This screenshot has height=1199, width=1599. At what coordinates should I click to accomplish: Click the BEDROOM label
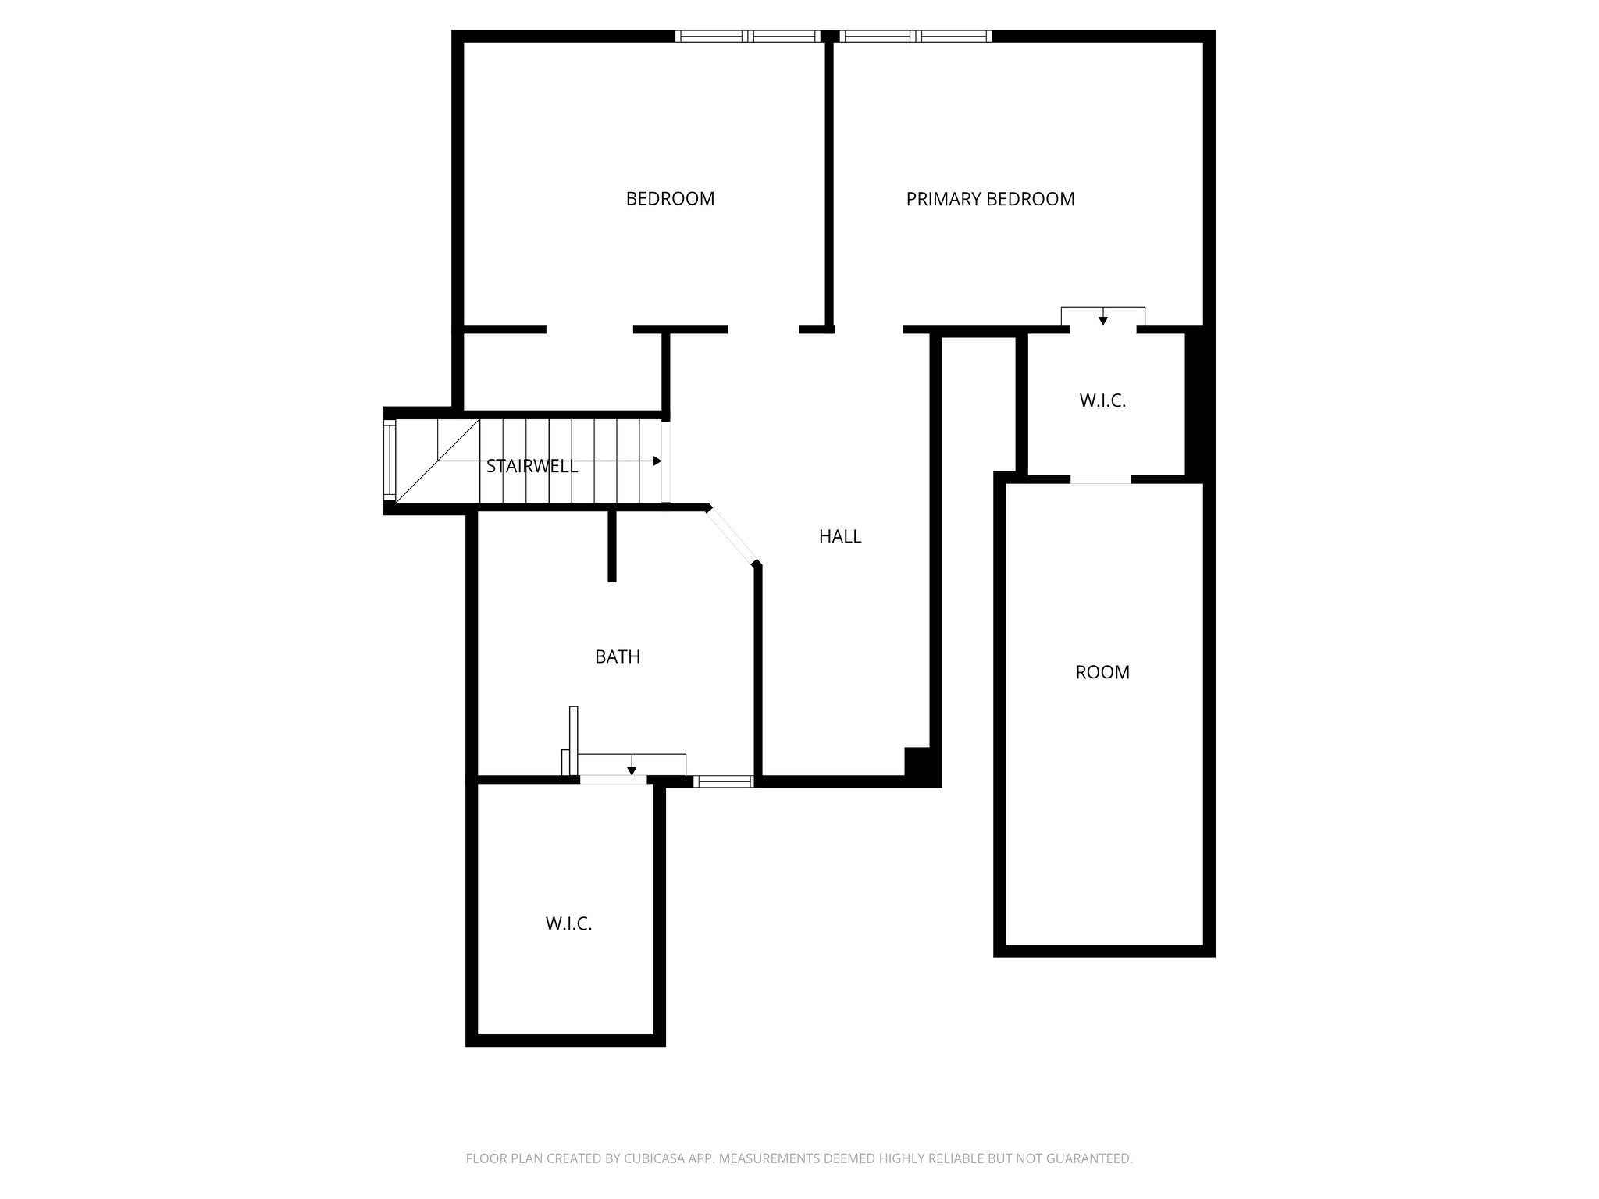click(x=670, y=199)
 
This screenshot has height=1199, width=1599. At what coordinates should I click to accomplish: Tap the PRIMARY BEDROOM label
click(x=990, y=200)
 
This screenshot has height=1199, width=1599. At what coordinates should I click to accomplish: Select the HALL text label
click(x=840, y=536)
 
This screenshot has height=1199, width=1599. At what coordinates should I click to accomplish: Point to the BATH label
click(x=618, y=657)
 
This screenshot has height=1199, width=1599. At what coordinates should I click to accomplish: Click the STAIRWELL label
click(x=532, y=467)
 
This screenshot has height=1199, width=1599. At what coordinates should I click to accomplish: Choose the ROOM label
click(x=1102, y=673)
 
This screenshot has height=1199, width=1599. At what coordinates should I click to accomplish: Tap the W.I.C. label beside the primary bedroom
click(x=1102, y=401)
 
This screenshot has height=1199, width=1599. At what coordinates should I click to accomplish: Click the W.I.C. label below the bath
click(x=568, y=924)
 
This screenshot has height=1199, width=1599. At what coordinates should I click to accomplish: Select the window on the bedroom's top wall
click(x=747, y=36)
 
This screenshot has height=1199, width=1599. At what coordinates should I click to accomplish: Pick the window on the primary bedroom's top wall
click(x=915, y=36)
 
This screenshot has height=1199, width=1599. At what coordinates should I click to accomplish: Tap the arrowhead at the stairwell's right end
click(x=657, y=461)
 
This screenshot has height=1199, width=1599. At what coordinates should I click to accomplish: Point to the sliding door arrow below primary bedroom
click(x=1102, y=319)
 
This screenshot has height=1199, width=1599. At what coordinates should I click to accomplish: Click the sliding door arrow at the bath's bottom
click(x=632, y=770)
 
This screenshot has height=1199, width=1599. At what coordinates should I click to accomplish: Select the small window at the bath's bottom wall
click(x=723, y=781)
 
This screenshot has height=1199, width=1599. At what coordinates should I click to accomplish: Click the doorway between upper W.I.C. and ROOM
click(x=1100, y=479)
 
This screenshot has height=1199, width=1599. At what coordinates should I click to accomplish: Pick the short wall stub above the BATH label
click(x=612, y=546)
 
